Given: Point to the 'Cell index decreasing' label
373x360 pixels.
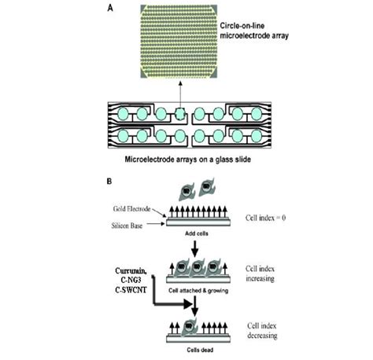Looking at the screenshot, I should pos(268,330).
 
